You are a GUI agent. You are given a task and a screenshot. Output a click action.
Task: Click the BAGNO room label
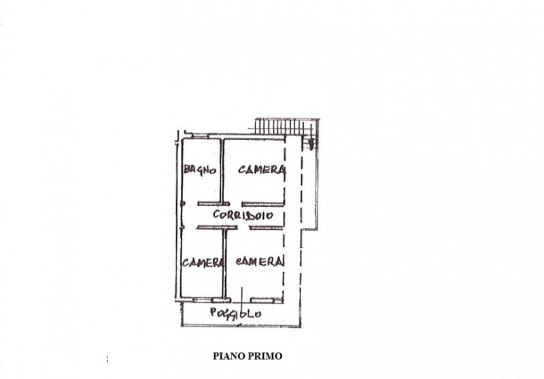coord(200,169)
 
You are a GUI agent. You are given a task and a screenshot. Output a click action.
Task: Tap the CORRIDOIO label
coord(243,215)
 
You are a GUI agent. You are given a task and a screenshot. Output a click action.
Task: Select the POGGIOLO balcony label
coord(235,314)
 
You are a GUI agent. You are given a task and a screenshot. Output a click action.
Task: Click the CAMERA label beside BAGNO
coord(262,169)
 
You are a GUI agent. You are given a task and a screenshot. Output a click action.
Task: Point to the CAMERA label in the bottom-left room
coord(203,263)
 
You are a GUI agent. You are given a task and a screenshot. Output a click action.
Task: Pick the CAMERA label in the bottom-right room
coord(260,261)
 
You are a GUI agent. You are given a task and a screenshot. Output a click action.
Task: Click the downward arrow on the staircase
coord(311,142)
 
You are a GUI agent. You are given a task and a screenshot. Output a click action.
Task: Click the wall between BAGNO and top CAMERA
coord(221,171)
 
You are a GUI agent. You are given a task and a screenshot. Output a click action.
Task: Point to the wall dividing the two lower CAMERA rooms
coord(224,264)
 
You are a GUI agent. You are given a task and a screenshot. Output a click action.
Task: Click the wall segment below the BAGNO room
coord(214,204)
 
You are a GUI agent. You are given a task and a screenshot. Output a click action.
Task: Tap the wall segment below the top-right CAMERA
coord(263,204)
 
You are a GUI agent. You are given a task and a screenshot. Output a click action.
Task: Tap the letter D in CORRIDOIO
coord(249,216)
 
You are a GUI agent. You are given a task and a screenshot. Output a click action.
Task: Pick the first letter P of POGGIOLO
coord(214,312)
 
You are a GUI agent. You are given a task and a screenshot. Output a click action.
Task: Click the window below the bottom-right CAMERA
coord(262,300)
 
